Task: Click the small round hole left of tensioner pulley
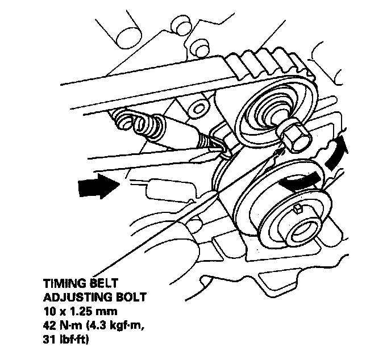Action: click(198, 108)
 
